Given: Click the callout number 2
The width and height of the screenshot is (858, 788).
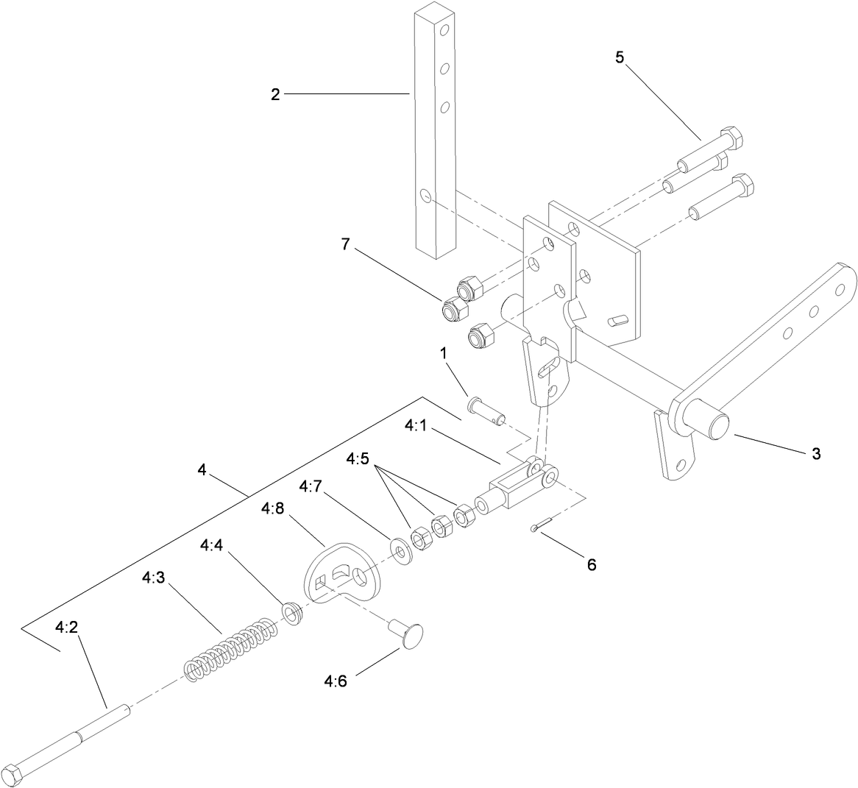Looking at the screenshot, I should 275,94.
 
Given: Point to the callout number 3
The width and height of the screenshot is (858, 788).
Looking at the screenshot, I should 815,454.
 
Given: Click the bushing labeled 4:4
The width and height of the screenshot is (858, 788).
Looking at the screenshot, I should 293,613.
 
